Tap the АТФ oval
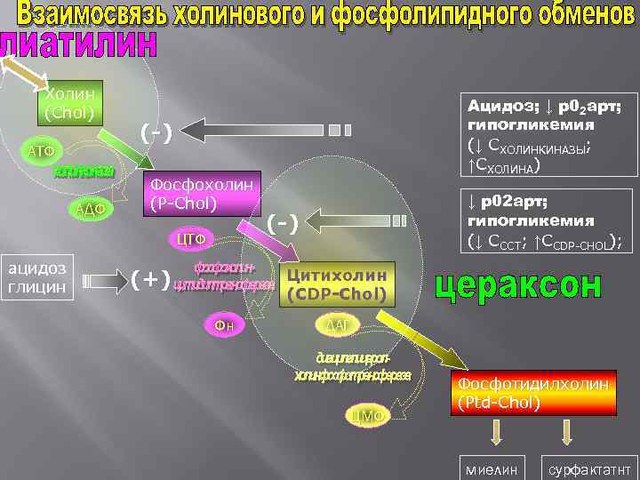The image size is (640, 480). coord(41,151)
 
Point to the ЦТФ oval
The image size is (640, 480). coord(192,238)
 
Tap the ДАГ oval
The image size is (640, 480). coord(337,325)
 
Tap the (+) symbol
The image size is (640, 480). coord(151,280)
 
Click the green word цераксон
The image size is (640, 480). coord(519,285)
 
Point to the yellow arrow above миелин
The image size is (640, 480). coord(497,433)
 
